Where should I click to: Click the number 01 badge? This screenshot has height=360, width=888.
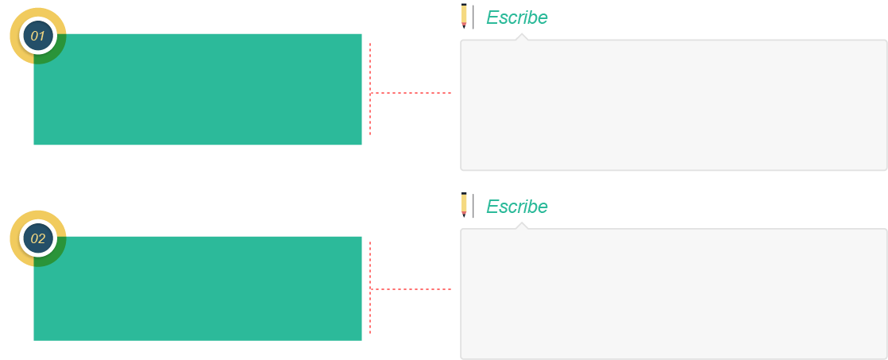38,37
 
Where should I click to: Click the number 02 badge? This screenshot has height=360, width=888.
38,238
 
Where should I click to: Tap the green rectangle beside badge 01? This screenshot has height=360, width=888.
198,90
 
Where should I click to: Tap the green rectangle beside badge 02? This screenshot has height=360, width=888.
198,288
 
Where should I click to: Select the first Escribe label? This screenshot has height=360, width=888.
517,17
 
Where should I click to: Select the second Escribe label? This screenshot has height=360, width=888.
517,207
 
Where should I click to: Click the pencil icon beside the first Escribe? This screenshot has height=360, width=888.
464,16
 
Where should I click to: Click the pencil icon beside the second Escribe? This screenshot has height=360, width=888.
464,205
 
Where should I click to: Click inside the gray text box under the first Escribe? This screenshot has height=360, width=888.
674,105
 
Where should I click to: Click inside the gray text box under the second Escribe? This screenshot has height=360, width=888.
674,294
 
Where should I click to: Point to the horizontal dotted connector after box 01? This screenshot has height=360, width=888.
411,92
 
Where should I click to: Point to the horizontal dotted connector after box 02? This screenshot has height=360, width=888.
411,289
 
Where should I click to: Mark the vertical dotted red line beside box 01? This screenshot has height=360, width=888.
370,89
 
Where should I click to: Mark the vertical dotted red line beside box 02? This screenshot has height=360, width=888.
370,288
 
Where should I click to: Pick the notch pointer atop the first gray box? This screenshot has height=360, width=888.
522,37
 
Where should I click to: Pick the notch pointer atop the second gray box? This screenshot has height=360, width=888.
522,226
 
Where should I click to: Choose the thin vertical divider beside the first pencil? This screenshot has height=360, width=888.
473,17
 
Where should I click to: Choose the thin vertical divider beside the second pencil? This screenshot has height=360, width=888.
473,205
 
